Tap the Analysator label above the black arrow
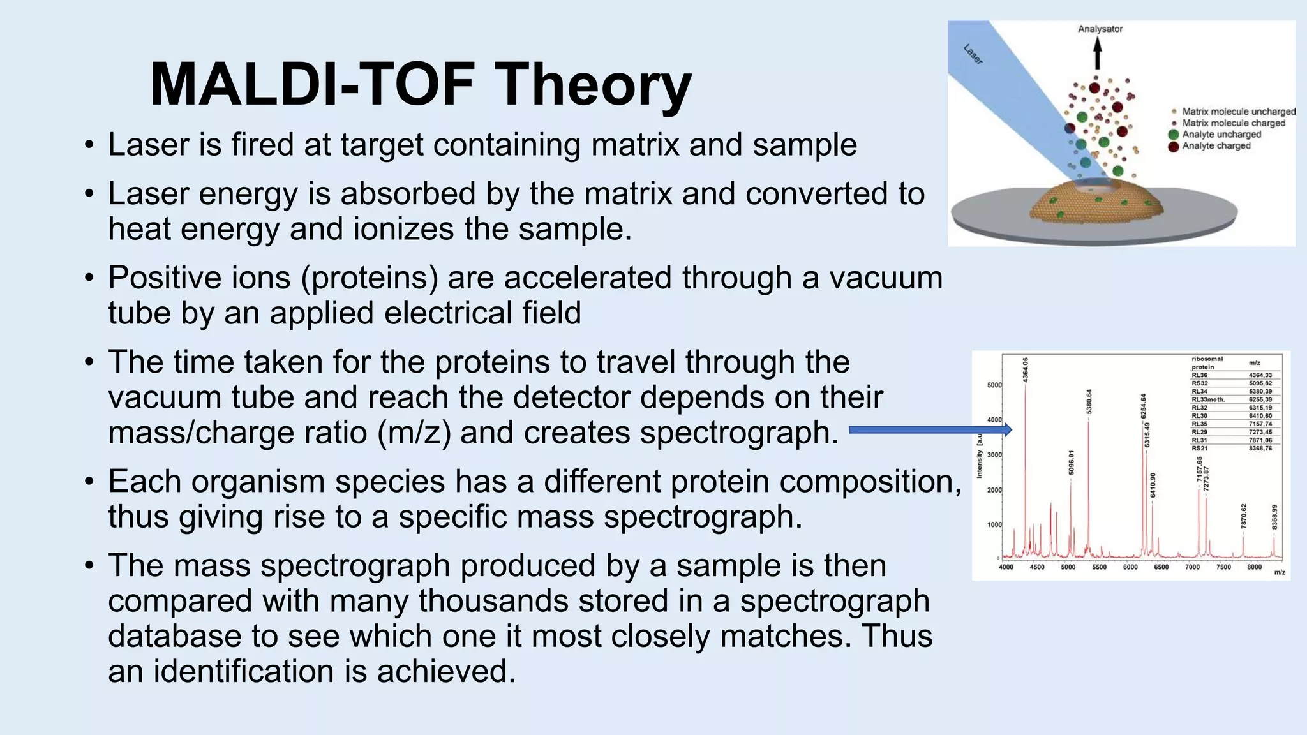pos(1100,29)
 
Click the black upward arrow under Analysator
pos(1098,54)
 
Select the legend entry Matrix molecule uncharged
pos(1239,112)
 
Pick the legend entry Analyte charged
pos(1216,146)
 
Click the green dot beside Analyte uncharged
pos(1173,135)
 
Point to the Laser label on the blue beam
pos(973,54)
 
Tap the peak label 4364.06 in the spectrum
pos(1026,370)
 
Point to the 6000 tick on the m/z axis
pos(1130,567)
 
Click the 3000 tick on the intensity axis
pos(994,455)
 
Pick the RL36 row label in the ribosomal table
pos(1200,375)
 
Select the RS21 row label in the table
pos(1200,449)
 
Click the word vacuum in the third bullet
pos(886,278)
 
